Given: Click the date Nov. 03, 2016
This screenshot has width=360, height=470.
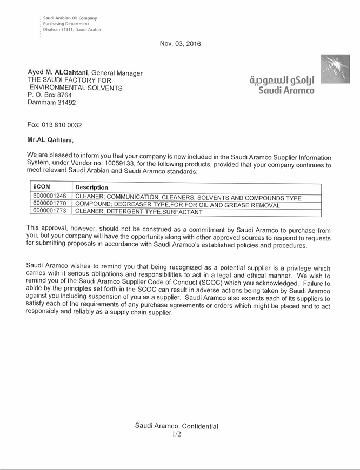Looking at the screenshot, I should pos(180,44).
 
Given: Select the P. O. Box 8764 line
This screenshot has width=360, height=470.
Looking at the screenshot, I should pos(50,95).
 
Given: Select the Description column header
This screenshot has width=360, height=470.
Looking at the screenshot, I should pos(92,187).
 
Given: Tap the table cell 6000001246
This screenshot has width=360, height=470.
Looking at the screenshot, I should pos(50,197).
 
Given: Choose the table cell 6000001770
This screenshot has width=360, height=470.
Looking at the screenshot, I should pos(50,205).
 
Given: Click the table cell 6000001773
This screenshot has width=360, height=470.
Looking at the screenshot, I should pos(50,212).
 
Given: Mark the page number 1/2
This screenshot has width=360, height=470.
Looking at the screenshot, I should pos(176,434).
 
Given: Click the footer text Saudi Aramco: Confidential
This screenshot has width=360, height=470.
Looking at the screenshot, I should pos(176,426).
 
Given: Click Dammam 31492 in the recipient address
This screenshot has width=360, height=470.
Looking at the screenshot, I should pos(51,102).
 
